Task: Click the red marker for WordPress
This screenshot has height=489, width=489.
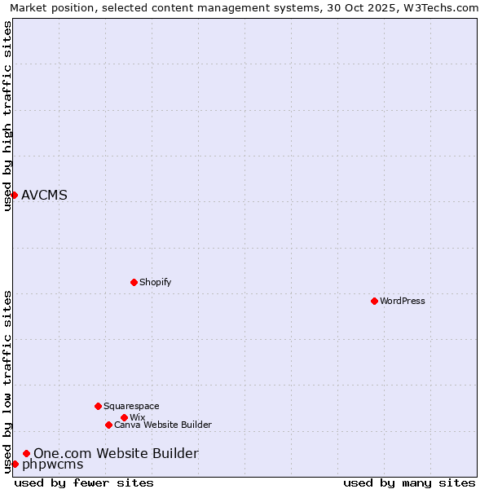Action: (374, 301)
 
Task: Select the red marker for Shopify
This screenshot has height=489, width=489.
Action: (134, 282)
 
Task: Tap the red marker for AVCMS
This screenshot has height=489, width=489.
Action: (14, 195)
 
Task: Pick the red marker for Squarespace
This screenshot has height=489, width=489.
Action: (98, 406)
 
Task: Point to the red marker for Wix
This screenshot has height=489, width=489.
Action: (124, 417)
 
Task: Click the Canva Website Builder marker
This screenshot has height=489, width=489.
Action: (108, 425)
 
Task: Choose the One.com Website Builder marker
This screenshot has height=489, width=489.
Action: (27, 453)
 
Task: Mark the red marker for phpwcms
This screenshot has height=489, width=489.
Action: (15, 464)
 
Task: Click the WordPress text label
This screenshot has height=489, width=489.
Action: (403, 301)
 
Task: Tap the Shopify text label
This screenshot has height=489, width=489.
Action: (155, 282)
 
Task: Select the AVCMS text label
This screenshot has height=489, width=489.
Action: (44, 195)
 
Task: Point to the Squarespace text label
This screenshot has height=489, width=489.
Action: (131, 406)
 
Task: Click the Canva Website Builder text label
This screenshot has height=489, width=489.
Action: (163, 425)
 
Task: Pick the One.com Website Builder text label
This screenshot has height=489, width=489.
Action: (116, 453)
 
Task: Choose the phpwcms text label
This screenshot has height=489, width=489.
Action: (52, 465)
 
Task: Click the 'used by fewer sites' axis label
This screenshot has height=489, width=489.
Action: (84, 482)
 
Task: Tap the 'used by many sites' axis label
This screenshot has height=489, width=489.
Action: (409, 482)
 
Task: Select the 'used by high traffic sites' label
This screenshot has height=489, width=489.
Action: (7, 116)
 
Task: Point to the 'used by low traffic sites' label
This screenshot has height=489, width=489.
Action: (7, 381)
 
